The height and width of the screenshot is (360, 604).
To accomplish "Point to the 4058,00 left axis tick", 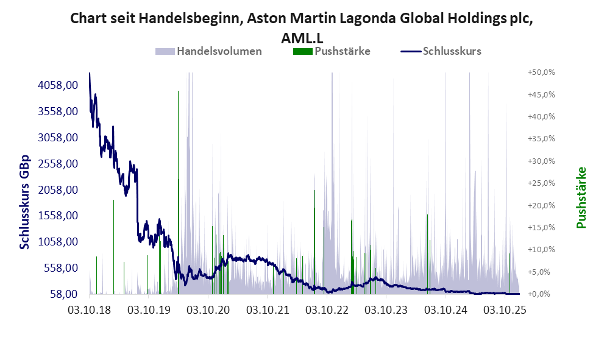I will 58,85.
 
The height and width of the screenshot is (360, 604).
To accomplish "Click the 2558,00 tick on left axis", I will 58,164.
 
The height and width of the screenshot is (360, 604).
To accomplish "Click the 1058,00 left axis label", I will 58,242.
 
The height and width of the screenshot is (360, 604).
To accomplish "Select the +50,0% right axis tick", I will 541,72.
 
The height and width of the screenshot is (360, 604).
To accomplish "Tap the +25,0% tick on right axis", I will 541,183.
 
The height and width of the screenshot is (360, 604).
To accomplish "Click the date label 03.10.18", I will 89,310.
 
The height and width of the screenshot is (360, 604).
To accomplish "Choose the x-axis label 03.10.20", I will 208,310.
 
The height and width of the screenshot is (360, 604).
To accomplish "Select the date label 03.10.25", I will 505,310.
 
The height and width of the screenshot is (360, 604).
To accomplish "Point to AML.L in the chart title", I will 302,37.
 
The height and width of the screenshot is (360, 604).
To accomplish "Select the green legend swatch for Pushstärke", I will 302,51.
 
